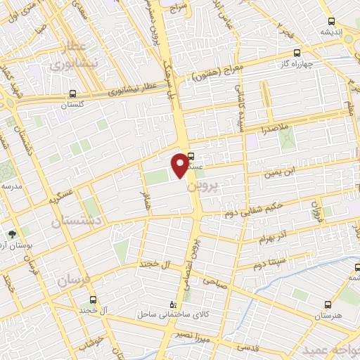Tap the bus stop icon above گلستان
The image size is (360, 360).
coord(73,93)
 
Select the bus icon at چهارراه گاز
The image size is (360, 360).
coord(297,53)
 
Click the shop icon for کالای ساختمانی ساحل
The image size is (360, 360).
coord(173,305)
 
